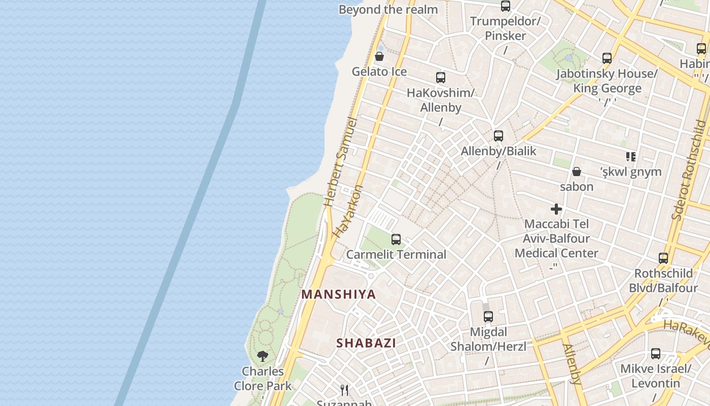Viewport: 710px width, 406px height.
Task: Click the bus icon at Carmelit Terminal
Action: [x=396, y=240]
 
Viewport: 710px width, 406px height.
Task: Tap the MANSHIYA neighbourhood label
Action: [x=339, y=294]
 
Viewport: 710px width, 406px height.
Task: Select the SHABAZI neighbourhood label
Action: [x=366, y=343]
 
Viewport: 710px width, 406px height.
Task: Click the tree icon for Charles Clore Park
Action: [x=263, y=356]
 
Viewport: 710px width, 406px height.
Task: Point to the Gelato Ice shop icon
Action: [x=379, y=56]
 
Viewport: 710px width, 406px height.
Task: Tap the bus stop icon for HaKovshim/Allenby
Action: [x=441, y=78]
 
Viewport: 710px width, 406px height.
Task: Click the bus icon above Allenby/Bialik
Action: [x=499, y=136]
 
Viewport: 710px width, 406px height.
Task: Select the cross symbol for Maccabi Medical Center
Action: [x=556, y=209]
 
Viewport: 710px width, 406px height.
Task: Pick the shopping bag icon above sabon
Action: [x=577, y=172]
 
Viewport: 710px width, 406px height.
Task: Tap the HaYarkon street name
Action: [x=349, y=212]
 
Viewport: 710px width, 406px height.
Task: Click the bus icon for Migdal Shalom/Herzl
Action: [x=488, y=317]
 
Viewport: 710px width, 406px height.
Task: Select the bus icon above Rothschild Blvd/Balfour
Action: [x=663, y=258]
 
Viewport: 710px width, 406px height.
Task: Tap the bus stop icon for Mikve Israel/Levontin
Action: [x=656, y=354]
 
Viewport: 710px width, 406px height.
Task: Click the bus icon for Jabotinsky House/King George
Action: [x=607, y=58]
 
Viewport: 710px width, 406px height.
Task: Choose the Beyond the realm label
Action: [x=388, y=9]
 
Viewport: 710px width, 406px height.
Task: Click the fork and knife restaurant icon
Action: [x=344, y=390]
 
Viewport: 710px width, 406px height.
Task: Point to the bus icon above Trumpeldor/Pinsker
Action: [x=506, y=6]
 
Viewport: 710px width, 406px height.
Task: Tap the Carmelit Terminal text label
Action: [x=396, y=254]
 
